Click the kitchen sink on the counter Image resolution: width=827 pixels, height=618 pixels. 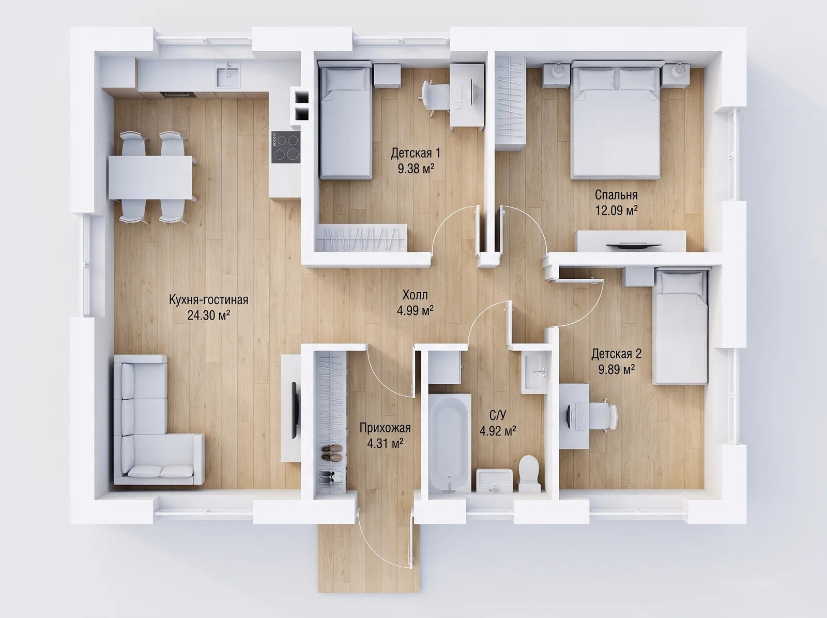228,75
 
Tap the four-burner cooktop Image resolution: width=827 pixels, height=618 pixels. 286,147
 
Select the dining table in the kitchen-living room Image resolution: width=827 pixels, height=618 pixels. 151,177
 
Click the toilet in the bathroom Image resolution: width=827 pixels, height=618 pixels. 530,473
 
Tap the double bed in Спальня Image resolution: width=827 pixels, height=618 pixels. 616,120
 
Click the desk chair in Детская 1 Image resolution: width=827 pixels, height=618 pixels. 434,97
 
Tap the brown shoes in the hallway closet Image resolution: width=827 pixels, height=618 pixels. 332,452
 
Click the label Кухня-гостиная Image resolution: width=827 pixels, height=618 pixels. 208,300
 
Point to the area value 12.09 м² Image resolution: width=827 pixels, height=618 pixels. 617,210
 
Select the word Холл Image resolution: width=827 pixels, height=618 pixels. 415,294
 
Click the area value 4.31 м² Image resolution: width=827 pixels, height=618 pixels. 385,444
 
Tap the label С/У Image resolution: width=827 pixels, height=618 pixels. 497,415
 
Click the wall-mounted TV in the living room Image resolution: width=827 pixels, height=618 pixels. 295,410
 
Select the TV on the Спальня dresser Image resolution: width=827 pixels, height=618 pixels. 634,246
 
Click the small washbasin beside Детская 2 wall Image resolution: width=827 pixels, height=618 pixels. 534,372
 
